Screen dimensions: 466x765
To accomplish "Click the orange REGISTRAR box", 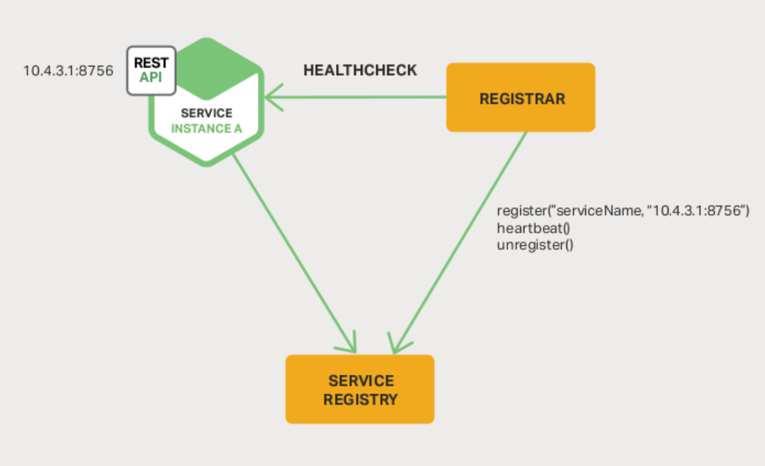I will [x=521, y=98].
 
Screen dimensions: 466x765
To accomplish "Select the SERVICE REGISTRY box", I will [x=360, y=390].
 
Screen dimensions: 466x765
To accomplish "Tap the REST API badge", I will [x=152, y=70].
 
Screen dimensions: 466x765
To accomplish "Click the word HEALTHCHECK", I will [x=360, y=70].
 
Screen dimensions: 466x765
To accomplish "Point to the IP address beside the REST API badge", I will [x=68, y=70].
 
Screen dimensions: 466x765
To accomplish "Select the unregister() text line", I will [x=535, y=245].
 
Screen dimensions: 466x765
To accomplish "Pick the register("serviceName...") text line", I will [x=622, y=211].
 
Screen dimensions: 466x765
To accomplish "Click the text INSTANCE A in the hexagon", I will [x=207, y=129].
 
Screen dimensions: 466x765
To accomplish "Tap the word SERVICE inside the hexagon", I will [x=207, y=113].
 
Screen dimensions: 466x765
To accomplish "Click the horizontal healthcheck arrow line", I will [x=362, y=98].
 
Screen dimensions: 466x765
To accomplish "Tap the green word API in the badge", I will [x=152, y=77].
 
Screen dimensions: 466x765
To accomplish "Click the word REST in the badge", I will [x=152, y=63].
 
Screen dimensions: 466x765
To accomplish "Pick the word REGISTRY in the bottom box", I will [x=360, y=400].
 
